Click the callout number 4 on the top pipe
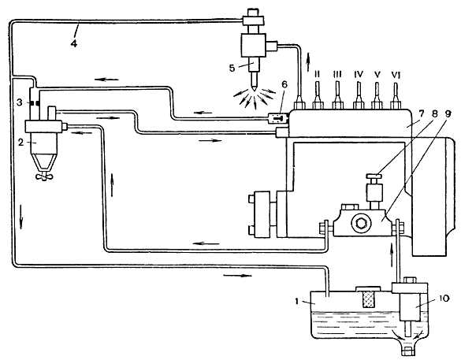pos(74,43)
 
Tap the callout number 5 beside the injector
pos(232,69)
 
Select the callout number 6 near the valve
pos(284,84)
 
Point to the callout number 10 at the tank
pos(444,299)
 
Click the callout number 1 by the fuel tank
pos(297,302)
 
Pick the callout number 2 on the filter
pos(20,143)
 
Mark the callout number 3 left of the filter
pos(20,102)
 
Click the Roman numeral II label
pos(318,74)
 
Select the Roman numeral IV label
pos(359,74)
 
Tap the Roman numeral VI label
pos(396,76)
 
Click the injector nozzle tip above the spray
pos(254,87)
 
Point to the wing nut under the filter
pos(44,176)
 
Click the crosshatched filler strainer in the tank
pos(368,299)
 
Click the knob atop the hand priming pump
pos(374,176)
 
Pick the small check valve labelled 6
pos(278,118)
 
